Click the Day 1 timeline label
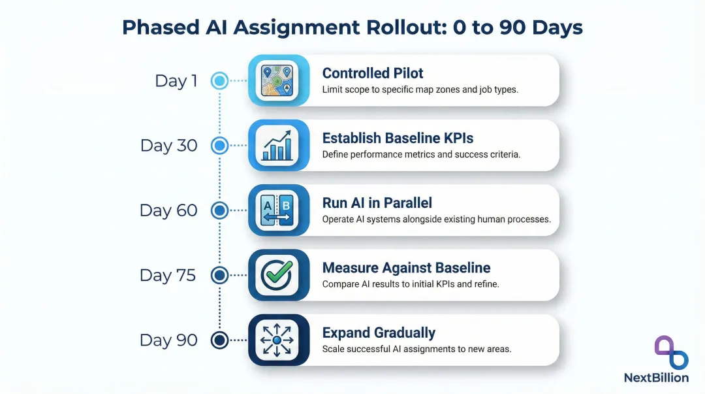176,81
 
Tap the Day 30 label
168,146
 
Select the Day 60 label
168,210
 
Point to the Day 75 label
168,275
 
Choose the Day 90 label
168,340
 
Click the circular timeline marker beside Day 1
220,81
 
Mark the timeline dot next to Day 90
220,340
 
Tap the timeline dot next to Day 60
220,210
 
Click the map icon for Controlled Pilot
277,80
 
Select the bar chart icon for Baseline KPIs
277,145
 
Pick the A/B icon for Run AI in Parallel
277,210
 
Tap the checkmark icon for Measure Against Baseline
277,274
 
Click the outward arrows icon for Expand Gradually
277,340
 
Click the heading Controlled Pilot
373,73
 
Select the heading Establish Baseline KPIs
398,138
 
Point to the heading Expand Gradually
379,333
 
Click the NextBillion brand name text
656,378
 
